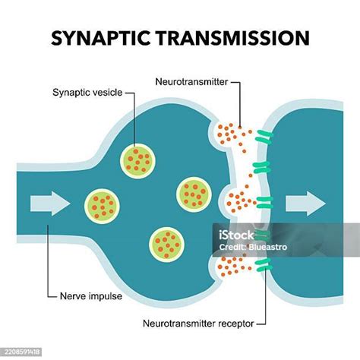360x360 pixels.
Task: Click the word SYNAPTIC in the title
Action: pos(101,38)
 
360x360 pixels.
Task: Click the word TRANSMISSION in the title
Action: pos(232,38)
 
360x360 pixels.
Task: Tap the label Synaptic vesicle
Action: pos(87,93)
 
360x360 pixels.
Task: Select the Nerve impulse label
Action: pos(91,296)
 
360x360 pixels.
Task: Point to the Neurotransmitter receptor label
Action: pos(198,324)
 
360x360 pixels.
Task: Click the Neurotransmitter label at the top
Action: pos(191,82)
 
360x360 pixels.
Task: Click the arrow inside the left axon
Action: pos(50,204)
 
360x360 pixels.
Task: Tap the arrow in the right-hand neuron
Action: pos(305,204)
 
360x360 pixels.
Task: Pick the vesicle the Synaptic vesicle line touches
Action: pos(137,161)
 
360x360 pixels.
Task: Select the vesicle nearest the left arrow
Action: pos(102,206)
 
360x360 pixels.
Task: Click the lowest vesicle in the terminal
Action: pos(166,245)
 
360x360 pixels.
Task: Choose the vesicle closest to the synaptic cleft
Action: pos(194,194)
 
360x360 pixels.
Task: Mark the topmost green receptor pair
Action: pos(264,137)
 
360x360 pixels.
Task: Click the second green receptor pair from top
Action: pos(262,167)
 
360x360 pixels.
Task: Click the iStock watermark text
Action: pos(236,235)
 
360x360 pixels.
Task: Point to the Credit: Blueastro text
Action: pos(253,247)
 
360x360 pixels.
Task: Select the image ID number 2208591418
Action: pos(23,352)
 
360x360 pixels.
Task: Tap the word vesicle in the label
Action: pos(108,93)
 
